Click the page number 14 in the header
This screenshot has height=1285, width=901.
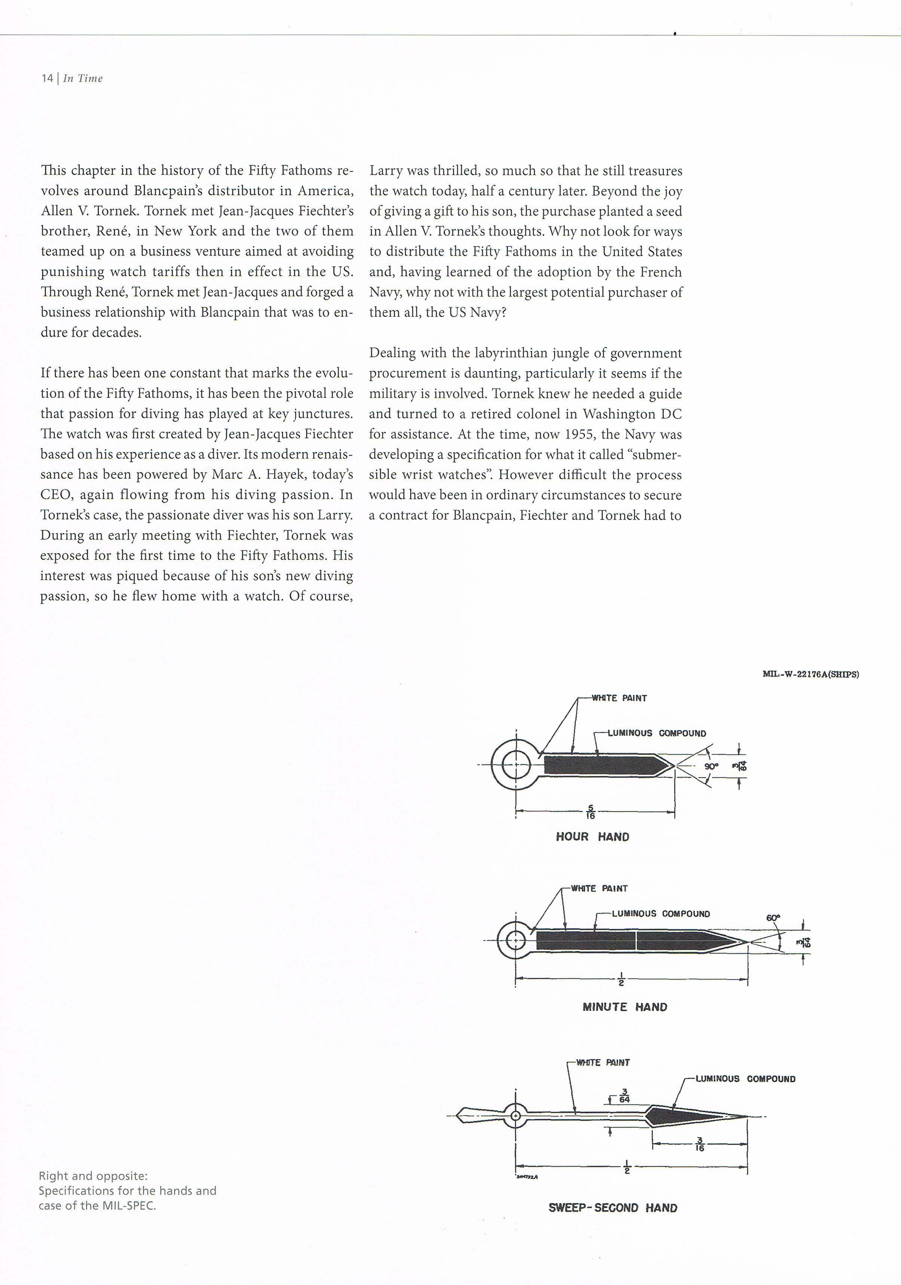tap(47, 79)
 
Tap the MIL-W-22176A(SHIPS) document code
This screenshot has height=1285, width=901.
tap(810, 674)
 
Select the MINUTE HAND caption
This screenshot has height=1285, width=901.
tap(625, 1007)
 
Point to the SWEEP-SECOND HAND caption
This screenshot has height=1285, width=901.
tap(613, 1208)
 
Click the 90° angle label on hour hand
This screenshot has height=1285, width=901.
tap(711, 766)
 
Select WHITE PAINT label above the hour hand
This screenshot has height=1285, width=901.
tap(619, 698)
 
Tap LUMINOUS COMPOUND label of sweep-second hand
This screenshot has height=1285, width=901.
tap(745, 1079)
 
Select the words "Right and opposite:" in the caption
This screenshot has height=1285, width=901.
tap(93, 1176)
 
